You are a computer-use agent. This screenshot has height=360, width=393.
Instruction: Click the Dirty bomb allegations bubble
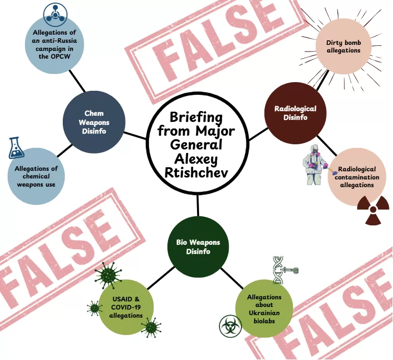tap(343, 47)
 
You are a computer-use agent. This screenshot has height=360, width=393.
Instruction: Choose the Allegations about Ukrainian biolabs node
tap(264, 308)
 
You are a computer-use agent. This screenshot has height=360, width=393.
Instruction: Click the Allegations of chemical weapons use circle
tap(36, 176)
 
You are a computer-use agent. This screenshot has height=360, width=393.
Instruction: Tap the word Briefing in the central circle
tap(196, 117)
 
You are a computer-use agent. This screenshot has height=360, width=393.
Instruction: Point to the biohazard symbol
tap(230, 326)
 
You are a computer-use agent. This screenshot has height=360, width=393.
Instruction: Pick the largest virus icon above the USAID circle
tap(108, 276)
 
